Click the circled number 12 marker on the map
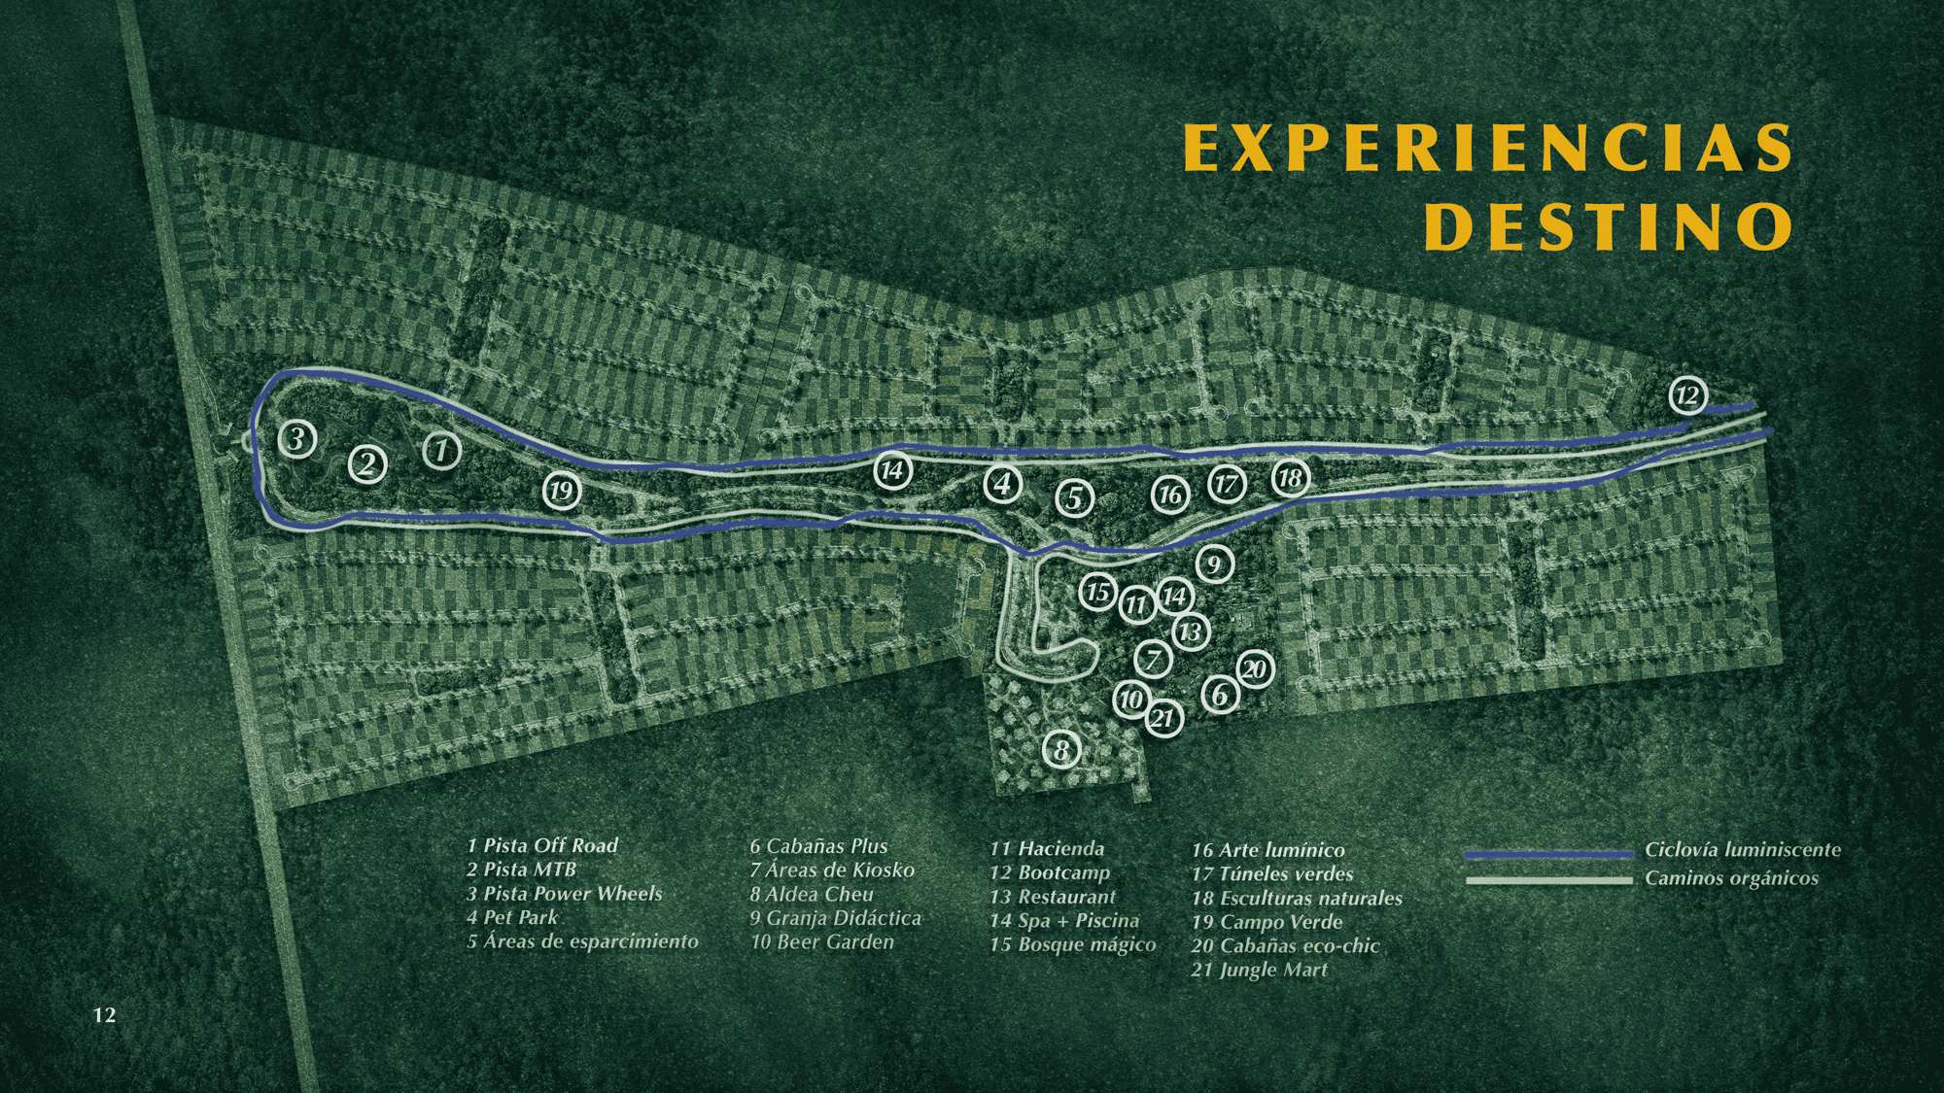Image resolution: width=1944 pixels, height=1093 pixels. click(1687, 395)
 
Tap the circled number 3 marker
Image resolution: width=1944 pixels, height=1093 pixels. click(296, 438)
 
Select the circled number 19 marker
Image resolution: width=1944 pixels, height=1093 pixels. click(561, 491)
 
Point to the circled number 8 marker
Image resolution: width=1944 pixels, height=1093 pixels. click(1061, 749)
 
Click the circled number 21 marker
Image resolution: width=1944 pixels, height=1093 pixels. click(1163, 719)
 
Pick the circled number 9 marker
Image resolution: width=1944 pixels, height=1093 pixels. click(1213, 564)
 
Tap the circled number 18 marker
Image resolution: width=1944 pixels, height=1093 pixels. click(1290, 478)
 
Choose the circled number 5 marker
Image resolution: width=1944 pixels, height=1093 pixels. click(1074, 498)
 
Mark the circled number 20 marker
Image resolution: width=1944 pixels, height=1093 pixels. click(1255, 668)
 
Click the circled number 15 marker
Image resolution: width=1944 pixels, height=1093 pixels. click(1098, 592)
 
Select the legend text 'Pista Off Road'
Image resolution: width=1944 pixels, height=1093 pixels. click(550, 845)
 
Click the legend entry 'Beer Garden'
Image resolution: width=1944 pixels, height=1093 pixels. click(834, 941)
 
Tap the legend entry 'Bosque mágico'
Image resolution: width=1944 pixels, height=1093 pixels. click(1086, 944)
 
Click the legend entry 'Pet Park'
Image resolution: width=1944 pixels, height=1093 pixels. click(521, 917)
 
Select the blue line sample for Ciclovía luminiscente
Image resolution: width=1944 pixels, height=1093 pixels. click(1548, 855)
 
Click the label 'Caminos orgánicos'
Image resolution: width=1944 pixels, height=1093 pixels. click(1731, 878)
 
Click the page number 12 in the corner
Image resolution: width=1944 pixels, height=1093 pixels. click(104, 1015)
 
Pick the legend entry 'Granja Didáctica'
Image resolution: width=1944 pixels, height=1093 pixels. click(843, 918)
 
